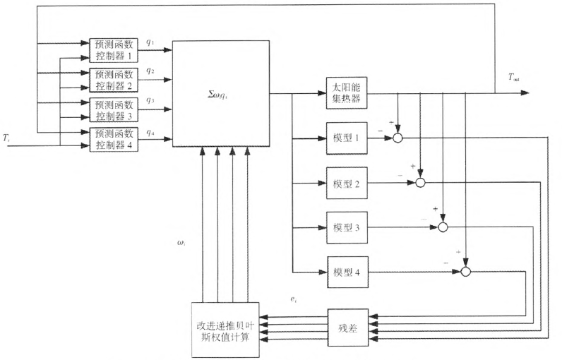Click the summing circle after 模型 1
397,138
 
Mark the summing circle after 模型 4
466,272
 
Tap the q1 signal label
150,42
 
